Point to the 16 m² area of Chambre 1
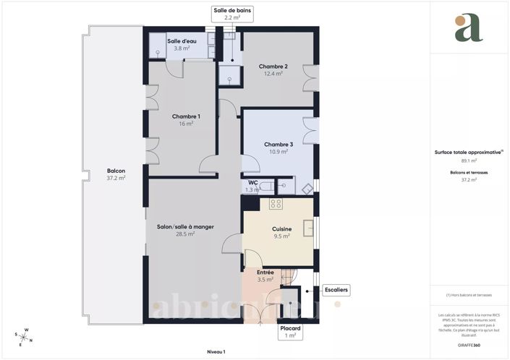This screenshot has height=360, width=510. [x=186, y=124]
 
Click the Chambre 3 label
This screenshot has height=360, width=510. [x=279, y=144]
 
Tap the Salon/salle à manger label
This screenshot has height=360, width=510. [x=186, y=227]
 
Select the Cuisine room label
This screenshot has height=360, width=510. [x=281, y=227]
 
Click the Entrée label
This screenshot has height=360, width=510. [x=265, y=272]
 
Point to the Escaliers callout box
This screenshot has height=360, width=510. [x=336, y=290]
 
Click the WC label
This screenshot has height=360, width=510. [x=253, y=183]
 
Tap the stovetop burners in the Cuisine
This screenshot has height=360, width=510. [x=276, y=205]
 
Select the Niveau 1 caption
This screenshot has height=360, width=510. [x=216, y=351]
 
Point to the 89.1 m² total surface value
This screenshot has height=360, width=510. [x=468, y=160]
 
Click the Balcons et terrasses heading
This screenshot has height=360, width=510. [x=468, y=172]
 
